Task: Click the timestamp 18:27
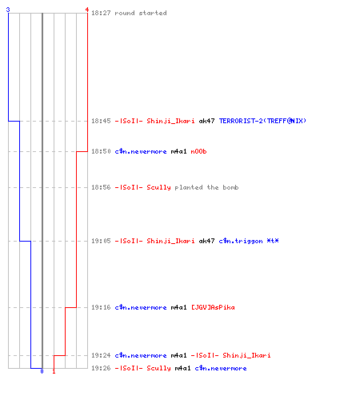[x=101, y=13]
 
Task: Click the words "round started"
[x=141, y=13]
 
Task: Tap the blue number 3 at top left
[x=8, y=10]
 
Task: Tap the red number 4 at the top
[x=87, y=10]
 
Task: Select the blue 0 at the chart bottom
[x=42, y=371]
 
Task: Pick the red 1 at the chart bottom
[x=54, y=371]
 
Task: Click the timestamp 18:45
[x=101, y=121]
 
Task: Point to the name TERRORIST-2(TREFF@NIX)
[x=262, y=121]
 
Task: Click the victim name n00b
[x=198, y=151]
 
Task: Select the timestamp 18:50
[x=101, y=151]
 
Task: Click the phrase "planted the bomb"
[x=206, y=187]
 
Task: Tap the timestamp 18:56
[x=101, y=187]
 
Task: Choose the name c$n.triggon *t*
[x=249, y=241]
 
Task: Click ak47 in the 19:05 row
[x=206, y=241]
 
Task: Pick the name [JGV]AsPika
[x=213, y=307]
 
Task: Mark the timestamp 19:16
[x=101, y=307]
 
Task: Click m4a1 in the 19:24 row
[x=178, y=355]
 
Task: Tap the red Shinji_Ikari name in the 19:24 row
[x=246, y=355]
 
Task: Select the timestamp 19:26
[x=101, y=368]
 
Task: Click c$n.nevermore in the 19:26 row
[x=221, y=368]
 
